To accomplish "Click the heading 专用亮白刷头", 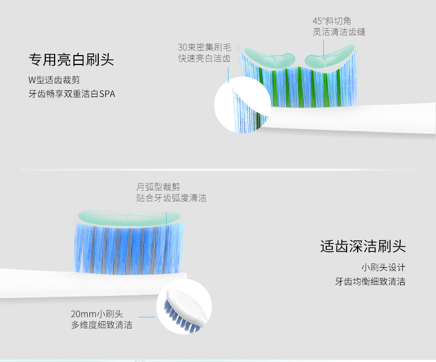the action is click(71, 60).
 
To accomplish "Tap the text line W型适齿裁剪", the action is click(54, 80).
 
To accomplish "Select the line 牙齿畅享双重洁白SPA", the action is click(72, 94).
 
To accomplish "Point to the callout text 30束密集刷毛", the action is click(204, 47).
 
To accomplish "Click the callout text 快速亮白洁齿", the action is click(204, 58).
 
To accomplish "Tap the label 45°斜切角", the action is click(332, 21).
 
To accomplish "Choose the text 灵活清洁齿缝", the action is click(339, 32).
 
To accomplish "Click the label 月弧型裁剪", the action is click(158, 187).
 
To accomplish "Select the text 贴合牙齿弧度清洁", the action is click(171, 198).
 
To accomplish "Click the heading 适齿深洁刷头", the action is click(363, 246).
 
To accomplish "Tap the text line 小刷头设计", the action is click(383, 268).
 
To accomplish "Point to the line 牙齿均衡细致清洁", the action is click(370, 282).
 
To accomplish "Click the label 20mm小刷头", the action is click(97, 314).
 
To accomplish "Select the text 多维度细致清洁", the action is click(102, 325).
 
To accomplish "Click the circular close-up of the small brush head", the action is click(184, 306).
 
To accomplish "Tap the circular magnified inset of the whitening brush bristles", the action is click(242, 105).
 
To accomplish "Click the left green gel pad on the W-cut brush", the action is click(269, 57).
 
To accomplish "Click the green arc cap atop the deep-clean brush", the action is click(129, 218).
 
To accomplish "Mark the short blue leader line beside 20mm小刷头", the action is click(147, 317).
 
